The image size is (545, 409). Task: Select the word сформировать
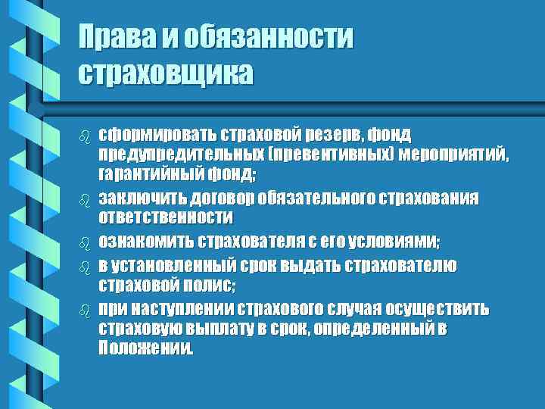coord(157,135)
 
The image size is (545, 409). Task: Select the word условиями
coord(400,242)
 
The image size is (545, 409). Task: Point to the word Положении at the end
coord(145,350)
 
